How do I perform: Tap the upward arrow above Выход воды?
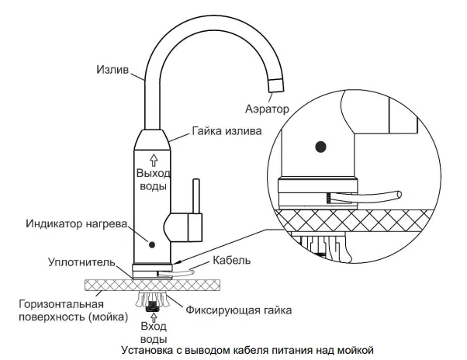[x=153, y=159]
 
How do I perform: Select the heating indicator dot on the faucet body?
[x=152, y=244]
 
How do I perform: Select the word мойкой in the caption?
[x=358, y=349]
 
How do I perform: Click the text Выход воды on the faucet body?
[x=152, y=179]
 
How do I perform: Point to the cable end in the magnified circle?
[x=396, y=192]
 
